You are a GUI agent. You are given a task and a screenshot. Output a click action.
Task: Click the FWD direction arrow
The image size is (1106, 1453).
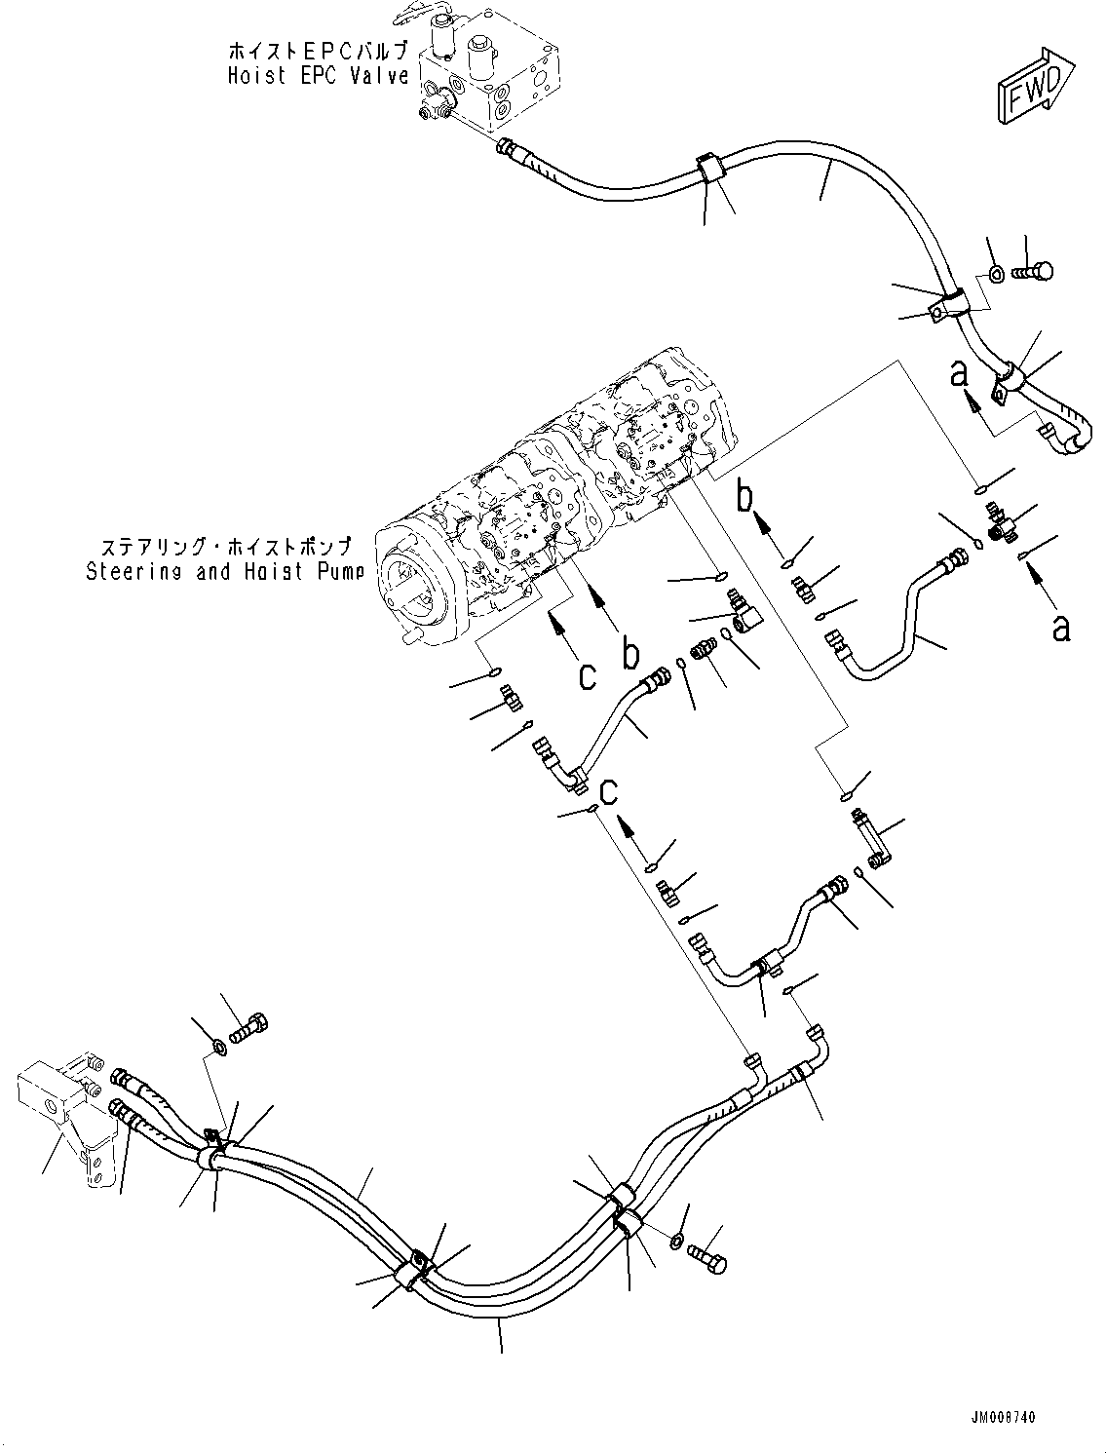[1035, 87]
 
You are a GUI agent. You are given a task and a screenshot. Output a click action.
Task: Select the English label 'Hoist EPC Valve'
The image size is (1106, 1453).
[318, 76]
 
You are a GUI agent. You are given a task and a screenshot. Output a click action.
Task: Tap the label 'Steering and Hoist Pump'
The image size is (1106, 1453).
[224, 572]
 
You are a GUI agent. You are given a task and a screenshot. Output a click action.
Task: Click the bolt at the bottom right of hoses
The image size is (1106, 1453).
[707, 1257]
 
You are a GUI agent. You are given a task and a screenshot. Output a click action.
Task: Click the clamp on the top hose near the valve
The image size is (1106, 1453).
[709, 168]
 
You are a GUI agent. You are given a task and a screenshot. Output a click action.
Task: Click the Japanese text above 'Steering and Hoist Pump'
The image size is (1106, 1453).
[224, 547]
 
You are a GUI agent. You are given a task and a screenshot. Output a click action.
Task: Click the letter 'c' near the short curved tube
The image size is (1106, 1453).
[609, 791]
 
